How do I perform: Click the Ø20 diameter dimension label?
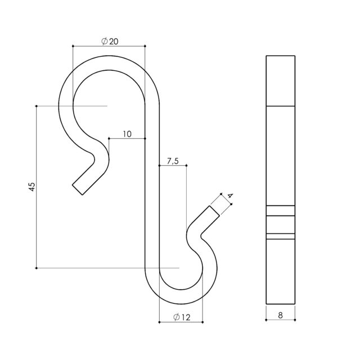110,41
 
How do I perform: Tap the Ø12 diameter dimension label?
182,317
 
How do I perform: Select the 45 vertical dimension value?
32,187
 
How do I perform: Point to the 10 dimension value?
127,134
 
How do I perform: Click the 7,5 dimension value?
173,161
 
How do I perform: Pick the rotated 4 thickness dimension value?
230,196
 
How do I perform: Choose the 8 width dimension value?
280,315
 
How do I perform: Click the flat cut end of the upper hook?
78,190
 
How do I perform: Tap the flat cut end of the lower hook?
214,211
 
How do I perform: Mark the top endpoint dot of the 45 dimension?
36,106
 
